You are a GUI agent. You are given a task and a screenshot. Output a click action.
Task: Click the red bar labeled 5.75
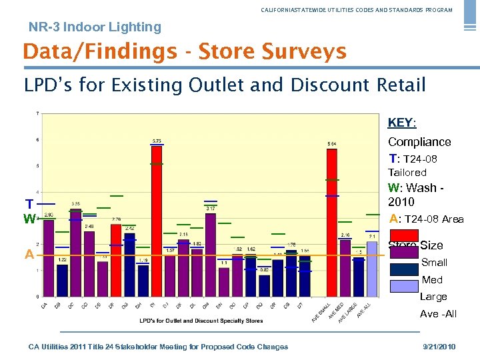pyautogui.click(x=156, y=220)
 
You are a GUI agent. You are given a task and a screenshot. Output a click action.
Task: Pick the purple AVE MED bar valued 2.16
pyautogui.click(x=345, y=267)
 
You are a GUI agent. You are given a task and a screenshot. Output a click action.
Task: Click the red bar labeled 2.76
pyautogui.click(x=116, y=260)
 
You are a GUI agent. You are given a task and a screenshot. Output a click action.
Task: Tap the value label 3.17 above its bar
pyautogui.click(x=210, y=209)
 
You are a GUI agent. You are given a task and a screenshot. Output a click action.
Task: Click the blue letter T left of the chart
pyautogui.click(x=29, y=203)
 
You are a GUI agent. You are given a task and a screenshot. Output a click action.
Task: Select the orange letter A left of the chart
pyautogui.click(x=29, y=254)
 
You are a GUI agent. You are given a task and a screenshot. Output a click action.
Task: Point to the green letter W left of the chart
pyautogui.click(x=29, y=219)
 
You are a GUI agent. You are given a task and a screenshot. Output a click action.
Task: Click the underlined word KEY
pyautogui.click(x=401, y=123)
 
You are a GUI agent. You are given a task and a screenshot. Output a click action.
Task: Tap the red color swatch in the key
pyautogui.click(x=403, y=235)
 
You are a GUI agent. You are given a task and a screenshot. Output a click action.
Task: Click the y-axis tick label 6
pyautogui.click(x=37, y=139)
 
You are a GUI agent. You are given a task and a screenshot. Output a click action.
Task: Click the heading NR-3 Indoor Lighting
pyautogui.click(x=95, y=27)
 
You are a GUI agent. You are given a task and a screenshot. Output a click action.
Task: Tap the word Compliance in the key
pyautogui.click(x=419, y=142)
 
